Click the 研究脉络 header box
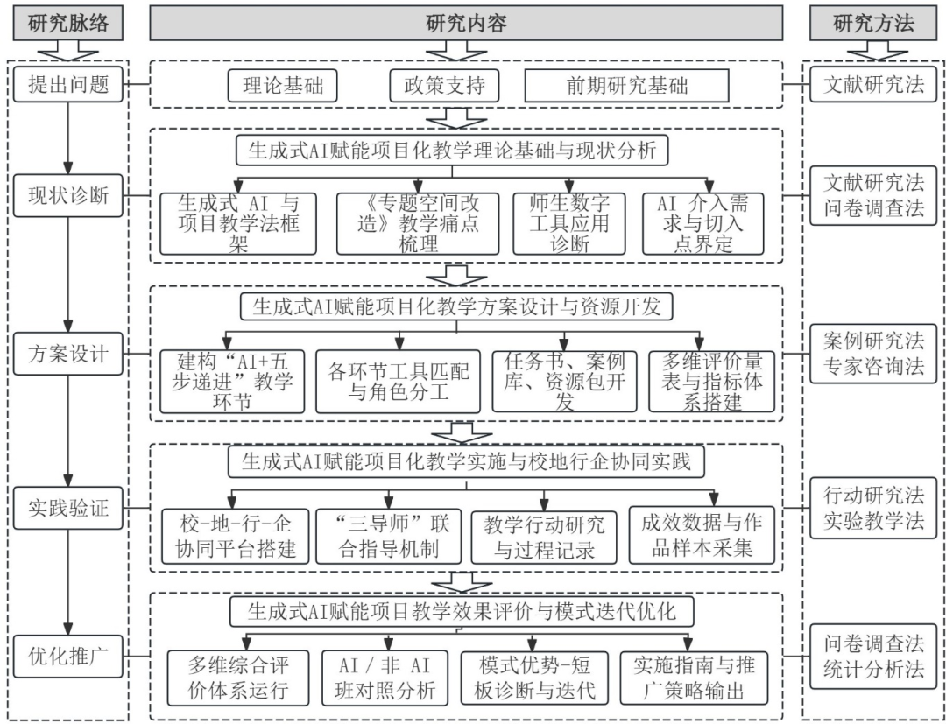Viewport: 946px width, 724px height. [x=68, y=24]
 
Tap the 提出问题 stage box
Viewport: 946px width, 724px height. [x=69, y=86]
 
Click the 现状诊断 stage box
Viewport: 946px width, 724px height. [x=69, y=194]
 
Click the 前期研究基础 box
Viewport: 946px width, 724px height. [x=626, y=87]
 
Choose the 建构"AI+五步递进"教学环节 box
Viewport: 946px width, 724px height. [x=232, y=382]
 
